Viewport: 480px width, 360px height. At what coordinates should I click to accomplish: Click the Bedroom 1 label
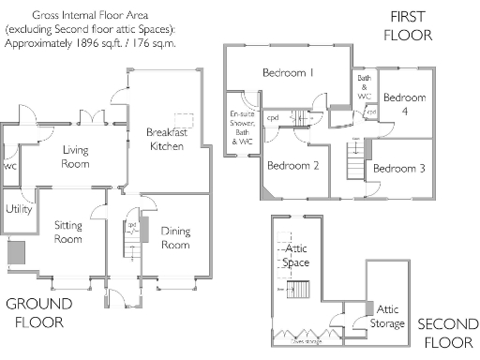click(x=288, y=73)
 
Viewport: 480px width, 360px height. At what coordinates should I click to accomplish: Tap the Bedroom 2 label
click(x=292, y=165)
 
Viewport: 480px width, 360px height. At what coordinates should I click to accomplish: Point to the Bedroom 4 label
click(x=405, y=103)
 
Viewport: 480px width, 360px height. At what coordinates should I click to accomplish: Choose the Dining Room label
click(x=175, y=238)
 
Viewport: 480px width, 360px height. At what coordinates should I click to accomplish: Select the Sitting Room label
click(x=68, y=232)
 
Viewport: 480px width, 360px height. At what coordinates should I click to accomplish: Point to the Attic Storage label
click(x=390, y=316)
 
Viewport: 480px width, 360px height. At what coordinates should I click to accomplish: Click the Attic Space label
click(x=296, y=256)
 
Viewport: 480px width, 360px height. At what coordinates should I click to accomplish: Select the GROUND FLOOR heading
click(x=39, y=312)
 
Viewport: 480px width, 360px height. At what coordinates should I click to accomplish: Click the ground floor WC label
click(x=10, y=166)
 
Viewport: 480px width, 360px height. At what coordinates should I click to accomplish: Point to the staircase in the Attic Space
click(x=293, y=301)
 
